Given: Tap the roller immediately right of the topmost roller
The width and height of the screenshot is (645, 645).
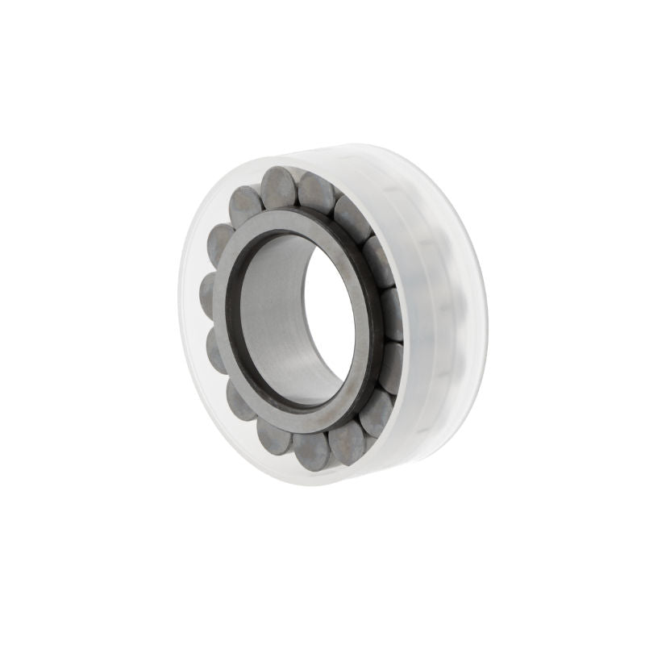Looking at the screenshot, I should point(317,193).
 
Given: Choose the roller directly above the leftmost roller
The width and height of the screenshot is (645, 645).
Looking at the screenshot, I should point(220,243).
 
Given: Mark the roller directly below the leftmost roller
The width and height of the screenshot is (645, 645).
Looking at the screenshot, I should point(217,347).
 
